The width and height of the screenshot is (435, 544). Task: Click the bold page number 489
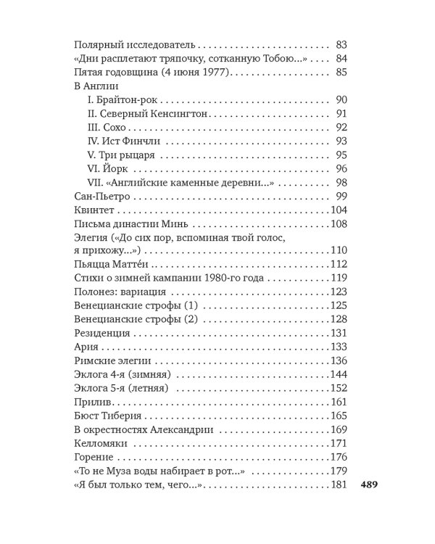(372, 485)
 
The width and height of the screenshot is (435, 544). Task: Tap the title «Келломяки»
(103, 443)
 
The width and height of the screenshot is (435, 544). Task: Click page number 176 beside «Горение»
(340, 457)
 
